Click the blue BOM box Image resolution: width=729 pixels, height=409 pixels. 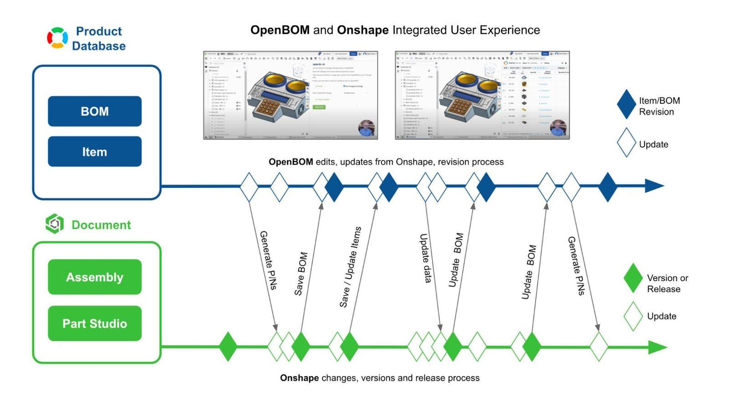coord(94,111)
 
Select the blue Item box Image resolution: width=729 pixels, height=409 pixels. coord(94,152)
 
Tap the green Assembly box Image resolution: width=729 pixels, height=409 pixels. coord(94,277)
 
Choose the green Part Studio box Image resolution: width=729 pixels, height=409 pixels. coord(94,323)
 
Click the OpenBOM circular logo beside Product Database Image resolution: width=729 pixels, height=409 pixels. coord(57,38)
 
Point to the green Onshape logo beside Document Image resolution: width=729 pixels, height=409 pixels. coord(55,224)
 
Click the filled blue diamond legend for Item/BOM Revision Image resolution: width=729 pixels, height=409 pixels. coord(626,104)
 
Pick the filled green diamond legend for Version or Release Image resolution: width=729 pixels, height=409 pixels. coord(633,278)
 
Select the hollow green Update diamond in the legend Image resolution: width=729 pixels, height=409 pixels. coord(633,316)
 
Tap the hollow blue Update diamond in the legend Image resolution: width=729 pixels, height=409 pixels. coord(626,143)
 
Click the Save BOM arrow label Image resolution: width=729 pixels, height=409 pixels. coord(301,274)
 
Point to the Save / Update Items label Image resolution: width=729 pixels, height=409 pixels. coord(350,267)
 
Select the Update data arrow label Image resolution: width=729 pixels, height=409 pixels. coord(425,258)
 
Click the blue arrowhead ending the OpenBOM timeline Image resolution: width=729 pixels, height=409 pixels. coord(654,186)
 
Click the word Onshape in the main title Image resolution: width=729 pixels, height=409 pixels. coord(363,30)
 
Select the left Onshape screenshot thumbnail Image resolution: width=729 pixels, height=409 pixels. coord(290,95)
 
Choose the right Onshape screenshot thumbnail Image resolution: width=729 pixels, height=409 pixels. coord(482,95)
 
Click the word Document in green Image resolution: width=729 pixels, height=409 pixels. coord(101,225)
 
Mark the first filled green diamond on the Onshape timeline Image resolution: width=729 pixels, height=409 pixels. coord(228,347)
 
